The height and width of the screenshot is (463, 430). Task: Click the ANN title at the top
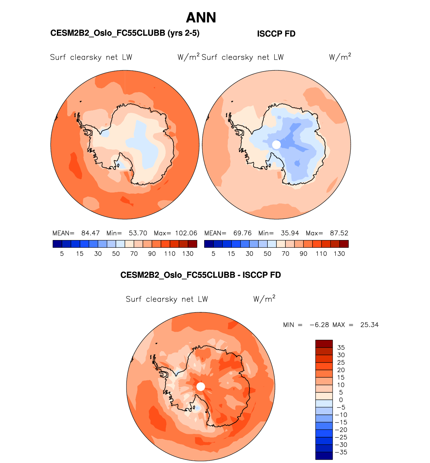click(201, 18)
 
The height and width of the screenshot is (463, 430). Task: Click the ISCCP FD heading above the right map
click(276, 34)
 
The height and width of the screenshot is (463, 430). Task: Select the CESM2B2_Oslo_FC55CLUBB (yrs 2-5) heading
click(125, 33)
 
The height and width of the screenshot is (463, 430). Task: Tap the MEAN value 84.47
click(90, 233)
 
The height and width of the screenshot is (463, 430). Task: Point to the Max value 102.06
click(186, 233)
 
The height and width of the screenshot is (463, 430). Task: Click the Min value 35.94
click(290, 233)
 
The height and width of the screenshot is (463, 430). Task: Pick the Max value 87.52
click(339, 233)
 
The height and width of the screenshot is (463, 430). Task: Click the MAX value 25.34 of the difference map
click(369, 325)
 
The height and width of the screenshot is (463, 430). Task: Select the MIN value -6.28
click(319, 325)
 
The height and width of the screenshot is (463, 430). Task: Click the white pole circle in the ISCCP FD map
click(276, 145)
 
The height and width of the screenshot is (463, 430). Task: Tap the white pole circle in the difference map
click(200, 387)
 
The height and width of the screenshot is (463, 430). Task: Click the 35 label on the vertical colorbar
click(341, 348)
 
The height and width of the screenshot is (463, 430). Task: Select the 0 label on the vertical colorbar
click(341, 400)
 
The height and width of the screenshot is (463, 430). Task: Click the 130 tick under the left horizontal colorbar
click(188, 254)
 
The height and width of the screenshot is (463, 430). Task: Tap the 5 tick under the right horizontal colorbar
click(213, 254)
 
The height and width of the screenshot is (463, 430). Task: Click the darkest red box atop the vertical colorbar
click(324, 344)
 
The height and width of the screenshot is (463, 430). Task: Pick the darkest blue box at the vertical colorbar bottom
click(324, 456)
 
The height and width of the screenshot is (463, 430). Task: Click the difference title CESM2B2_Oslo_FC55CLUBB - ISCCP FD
click(200, 275)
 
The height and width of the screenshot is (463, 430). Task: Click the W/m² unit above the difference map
click(264, 299)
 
